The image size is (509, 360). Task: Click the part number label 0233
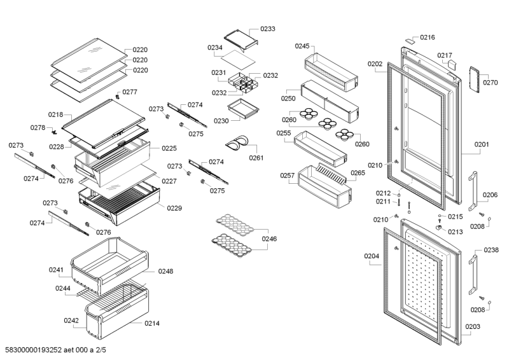[x=268, y=29]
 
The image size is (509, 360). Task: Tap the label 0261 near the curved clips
[x=256, y=158]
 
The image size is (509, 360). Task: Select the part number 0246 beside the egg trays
[x=270, y=239]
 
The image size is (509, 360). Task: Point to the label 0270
[x=490, y=83]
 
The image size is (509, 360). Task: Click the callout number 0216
[x=427, y=38]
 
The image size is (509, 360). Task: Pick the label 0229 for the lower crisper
[x=174, y=208]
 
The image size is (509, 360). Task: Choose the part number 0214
[x=152, y=324]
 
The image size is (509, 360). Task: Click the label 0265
[x=358, y=173]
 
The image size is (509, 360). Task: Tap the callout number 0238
[x=491, y=250]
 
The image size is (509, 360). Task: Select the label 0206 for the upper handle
[x=490, y=195]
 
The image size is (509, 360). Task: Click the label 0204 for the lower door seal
[x=372, y=256]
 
